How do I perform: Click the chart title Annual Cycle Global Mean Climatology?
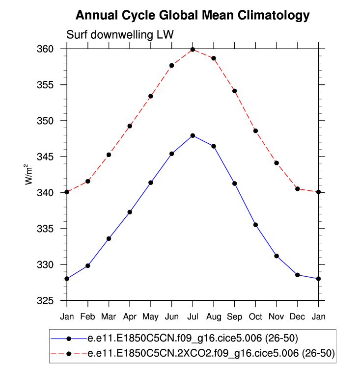point(193,15)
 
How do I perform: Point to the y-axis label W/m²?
point(30,175)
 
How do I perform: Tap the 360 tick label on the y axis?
point(51,49)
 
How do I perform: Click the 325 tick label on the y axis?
point(51,301)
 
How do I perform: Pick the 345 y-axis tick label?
point(51,157)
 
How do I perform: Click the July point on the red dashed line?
point(193,50)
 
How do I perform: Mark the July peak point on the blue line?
point(193,135)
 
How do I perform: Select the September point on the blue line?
point(235,183)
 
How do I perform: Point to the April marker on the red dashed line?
point(130,126)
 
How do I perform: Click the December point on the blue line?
point(298,275)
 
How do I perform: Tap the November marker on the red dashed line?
point(277,163)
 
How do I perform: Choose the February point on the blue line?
point(88,266)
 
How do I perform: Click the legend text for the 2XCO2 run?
point(211,353)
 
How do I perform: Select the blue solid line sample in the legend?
point(69,339)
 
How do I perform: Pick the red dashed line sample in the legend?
point(69,353)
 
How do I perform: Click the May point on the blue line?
point(151,183)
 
